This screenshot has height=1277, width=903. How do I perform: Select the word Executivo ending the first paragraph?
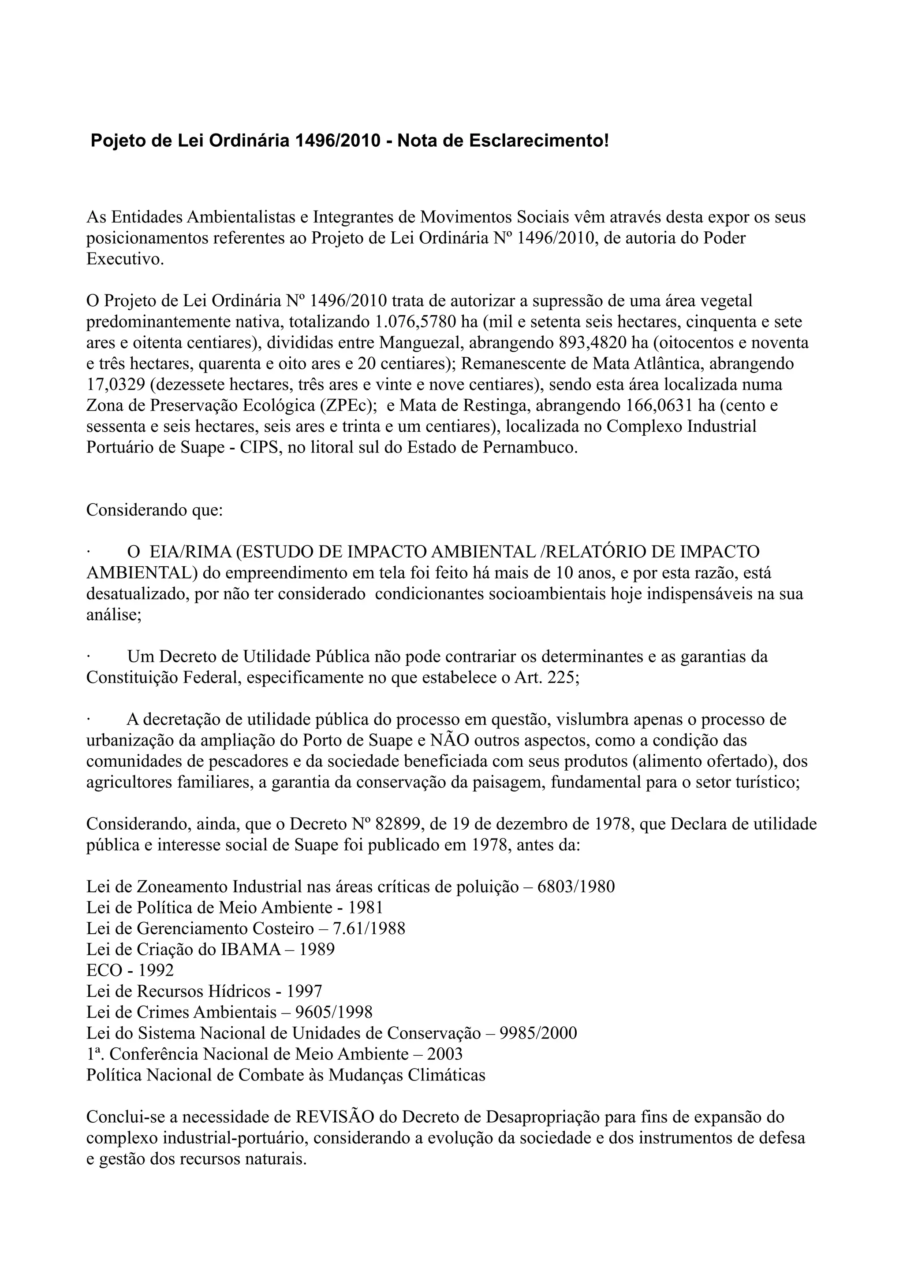pos(125,259)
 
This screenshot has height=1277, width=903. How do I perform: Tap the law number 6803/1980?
pos(576,887)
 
